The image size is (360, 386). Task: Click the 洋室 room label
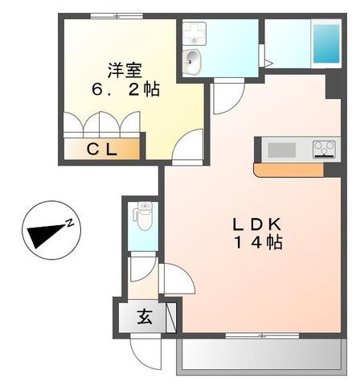point(125,68)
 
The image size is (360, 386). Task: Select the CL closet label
point(102,150)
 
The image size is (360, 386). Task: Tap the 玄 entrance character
point(143,317)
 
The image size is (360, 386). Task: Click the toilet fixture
point(144,216)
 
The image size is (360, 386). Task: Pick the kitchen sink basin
point(281,149)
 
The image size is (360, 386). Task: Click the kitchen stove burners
point(324,149)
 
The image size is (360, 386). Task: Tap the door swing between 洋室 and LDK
point(188,147)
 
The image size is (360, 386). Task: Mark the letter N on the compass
point(71,222)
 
